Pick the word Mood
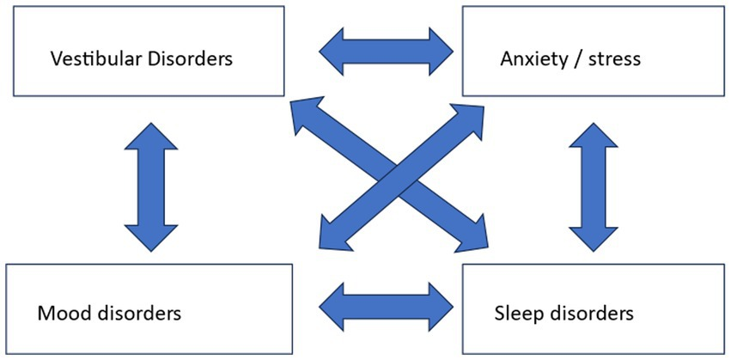point(61,312)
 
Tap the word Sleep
point(520,312)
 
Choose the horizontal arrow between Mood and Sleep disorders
point(386,302)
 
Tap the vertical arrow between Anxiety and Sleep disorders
point(592,186)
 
